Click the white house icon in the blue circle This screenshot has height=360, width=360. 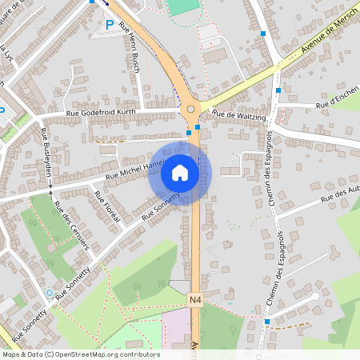coord(179,173)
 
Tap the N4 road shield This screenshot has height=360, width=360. coord(196,299)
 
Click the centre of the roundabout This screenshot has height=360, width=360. coord(190,109)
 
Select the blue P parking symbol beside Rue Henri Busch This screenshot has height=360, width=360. coord(110,25)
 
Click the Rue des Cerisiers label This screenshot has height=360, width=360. coord(71,224)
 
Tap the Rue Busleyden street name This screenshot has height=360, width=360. coord(46,157)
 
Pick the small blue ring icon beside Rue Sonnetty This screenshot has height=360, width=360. coord(50,293)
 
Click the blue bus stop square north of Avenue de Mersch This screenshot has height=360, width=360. coord(263,34)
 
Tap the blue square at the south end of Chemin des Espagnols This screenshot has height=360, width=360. coord(267,322)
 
